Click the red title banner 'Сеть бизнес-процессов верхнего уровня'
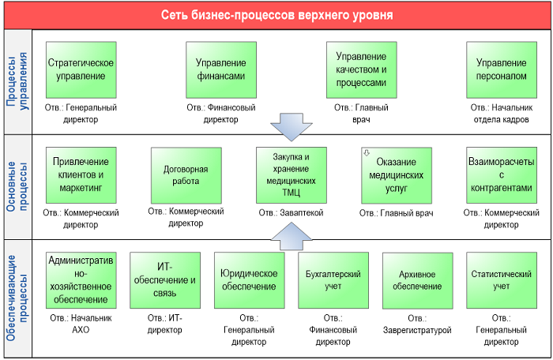point(276,16)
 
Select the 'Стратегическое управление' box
point(81,69)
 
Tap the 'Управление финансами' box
point(221,69)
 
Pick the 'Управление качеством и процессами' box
point(362,69)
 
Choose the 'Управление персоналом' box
point(502,69)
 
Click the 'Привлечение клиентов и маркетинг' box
point(81,175)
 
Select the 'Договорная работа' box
point(186,175)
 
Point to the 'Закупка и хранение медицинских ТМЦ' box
point(292,175)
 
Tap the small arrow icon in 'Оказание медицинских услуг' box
point(367,153)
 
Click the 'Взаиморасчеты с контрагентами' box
point(502,175)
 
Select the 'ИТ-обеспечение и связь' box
point(165,280)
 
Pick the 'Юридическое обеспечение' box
point(250,280)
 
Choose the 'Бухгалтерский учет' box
point(333,280)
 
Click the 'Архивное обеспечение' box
point(418,281)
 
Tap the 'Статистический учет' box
point(502,280)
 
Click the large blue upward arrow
point(292,236)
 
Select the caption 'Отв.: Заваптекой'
point(291,212)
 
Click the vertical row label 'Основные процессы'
point(17,186)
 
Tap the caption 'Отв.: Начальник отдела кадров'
point(501,114)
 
